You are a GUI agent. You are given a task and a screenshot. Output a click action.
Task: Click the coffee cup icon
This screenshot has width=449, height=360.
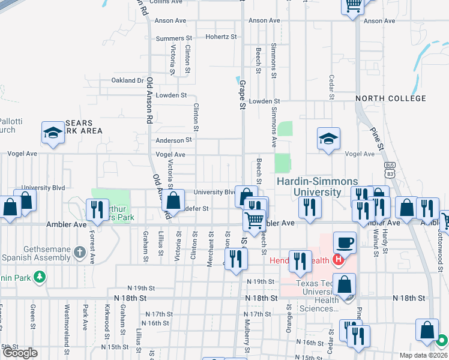coord(344,242)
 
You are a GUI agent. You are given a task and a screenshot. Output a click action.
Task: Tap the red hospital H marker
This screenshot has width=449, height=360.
coord(338,260)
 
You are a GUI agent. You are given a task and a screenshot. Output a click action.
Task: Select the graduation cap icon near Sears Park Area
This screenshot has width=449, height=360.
coord(53,133)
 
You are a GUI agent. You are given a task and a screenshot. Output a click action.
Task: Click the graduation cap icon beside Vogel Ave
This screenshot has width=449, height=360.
coord(328,139)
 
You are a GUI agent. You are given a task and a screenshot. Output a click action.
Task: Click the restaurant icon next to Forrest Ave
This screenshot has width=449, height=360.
coord(97,209)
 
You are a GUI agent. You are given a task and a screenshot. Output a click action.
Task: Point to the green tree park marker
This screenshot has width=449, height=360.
coord(40,277)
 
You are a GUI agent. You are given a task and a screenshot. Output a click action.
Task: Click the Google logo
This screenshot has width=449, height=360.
coord(20,353)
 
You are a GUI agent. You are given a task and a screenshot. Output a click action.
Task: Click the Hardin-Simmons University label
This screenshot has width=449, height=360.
coord(316,187)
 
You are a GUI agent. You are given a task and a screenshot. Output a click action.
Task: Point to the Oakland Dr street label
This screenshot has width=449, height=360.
coord(128,80)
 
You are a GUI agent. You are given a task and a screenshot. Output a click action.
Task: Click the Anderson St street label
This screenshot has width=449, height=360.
coord(173,140)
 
